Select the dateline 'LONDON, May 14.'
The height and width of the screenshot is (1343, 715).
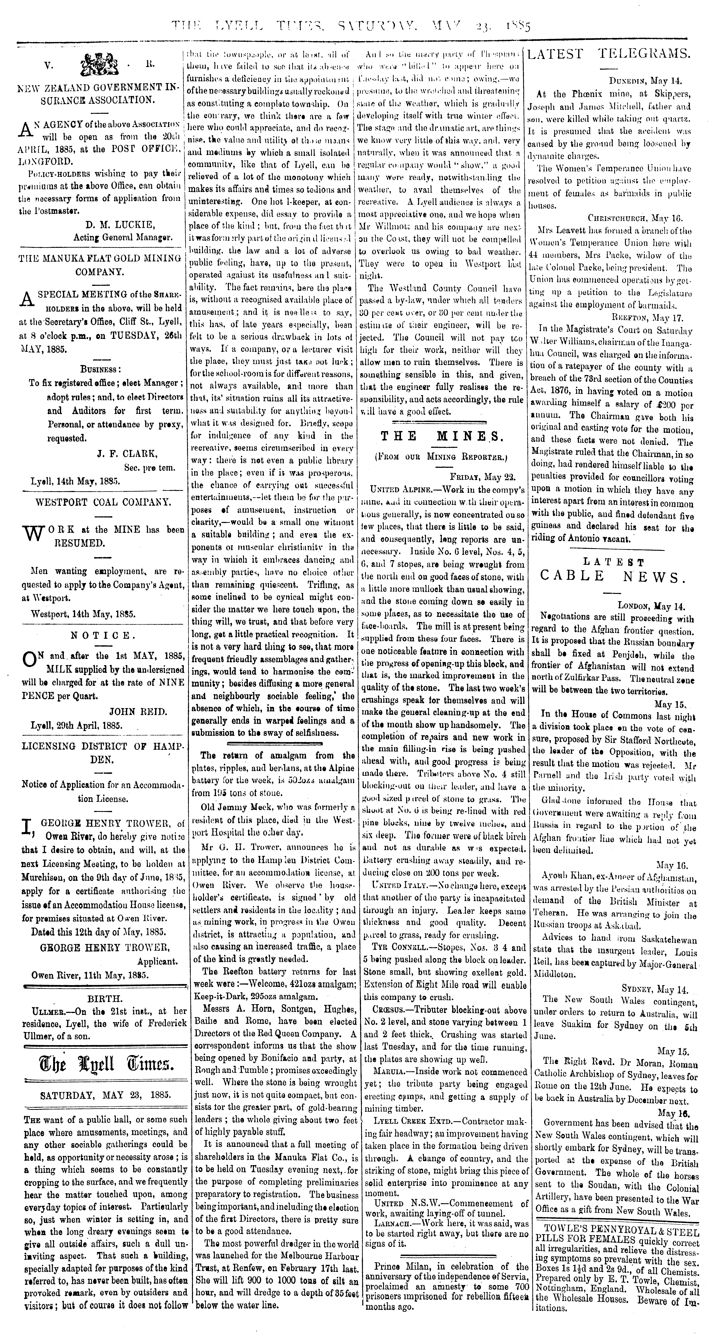click(x=651, y=606)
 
